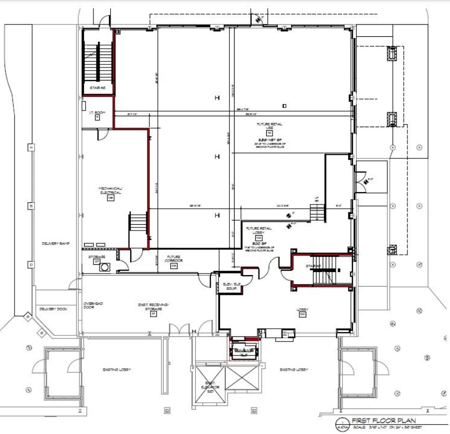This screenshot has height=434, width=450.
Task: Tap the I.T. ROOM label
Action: click(x=97, y=113)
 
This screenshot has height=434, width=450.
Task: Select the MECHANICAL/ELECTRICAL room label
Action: click(x=110, y=189)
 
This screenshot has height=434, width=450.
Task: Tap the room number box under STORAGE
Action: click(x=97, y=262)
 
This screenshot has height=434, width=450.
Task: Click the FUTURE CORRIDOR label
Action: click(x=173, y=260)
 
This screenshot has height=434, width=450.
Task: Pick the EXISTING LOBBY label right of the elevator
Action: click(x=294, y=370)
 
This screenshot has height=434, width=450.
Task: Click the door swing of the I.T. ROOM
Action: click(x=103, y=133)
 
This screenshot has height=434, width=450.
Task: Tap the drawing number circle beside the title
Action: click(x=341, y=423)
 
